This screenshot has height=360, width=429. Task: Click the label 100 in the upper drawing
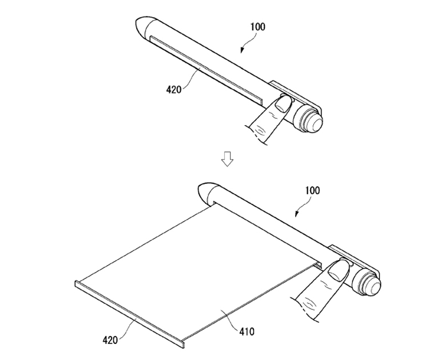tap(258, 27)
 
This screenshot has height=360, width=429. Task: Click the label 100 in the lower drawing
tap(312, 190)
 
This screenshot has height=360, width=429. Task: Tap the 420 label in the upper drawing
tap(174, 89)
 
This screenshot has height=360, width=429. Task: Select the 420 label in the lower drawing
tap(110, 341)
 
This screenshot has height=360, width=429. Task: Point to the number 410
tap(247, 331)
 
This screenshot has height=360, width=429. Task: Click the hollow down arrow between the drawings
tap(227, 158)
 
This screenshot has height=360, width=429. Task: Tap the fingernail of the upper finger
tap(283, 104)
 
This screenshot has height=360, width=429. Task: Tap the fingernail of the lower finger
tap(339, 270)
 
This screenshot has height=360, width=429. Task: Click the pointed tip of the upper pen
tap(136, 24)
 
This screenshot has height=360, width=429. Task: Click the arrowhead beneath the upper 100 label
tap(242, 50)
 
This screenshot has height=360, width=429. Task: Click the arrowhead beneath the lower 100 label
tap(296, 214)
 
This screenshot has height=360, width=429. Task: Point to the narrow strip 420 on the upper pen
tap(206, 70)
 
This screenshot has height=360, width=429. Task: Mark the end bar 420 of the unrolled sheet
tap(129, 314)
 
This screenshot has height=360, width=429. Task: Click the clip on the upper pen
tap(294, 95)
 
